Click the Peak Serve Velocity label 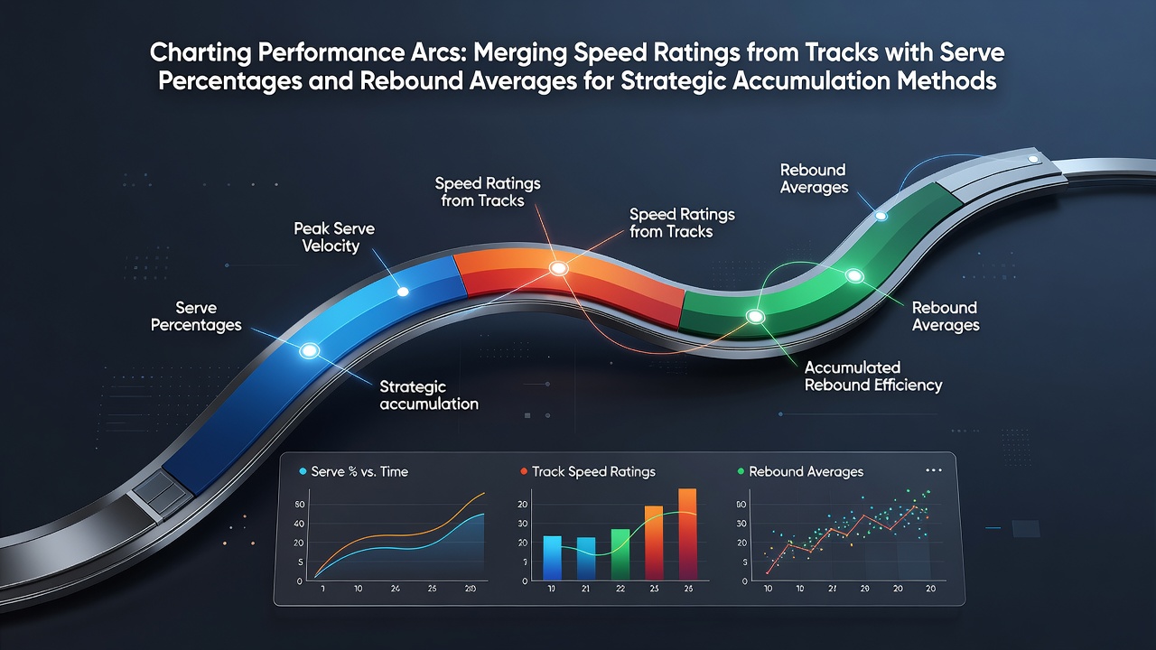click(334, 237)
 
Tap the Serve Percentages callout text click(196, 316)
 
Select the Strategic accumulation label click(429, 395)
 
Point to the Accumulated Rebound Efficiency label click(873, 376)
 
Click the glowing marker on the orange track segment click(558, 268)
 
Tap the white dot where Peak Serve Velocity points click(403, 292)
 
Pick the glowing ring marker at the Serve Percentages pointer click(309, 351)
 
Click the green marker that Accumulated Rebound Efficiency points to click(756, 316)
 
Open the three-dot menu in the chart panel click(934, 470)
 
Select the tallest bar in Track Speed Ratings click(687, 534)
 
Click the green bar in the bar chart click(620, 554)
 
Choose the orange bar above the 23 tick click(654, 543)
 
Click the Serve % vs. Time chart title click(359, 471)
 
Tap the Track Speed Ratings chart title click(593, 471)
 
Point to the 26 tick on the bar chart click(688, 588)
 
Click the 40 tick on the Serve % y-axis click(299, 524)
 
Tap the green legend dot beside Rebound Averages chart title click(741, 471)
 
